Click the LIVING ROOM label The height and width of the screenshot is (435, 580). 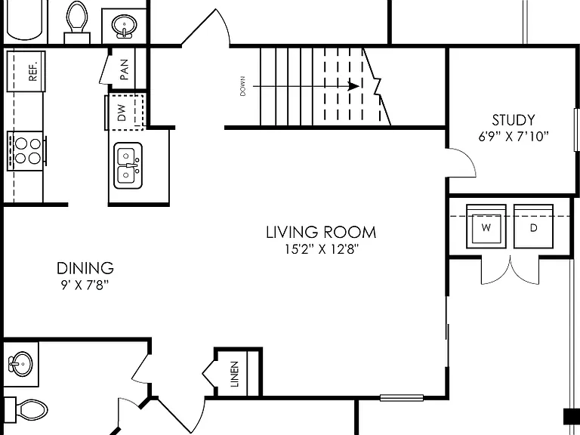321,233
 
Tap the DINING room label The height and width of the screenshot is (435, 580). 85,268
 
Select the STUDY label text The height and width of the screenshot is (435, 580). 513,120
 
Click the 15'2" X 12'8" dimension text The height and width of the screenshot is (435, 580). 322,249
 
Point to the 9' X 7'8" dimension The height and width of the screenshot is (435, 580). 85,285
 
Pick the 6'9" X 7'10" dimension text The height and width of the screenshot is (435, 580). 513,137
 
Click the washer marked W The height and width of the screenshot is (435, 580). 486,227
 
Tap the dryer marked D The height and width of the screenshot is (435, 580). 533,227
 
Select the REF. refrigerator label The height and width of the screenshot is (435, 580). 33,71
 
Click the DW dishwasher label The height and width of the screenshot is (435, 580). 122,113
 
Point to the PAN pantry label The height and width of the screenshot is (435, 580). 125,69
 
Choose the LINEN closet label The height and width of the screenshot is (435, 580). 235,375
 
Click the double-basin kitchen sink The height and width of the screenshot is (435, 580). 128,165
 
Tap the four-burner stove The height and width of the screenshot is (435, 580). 26,151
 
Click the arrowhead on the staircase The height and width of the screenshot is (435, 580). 353,87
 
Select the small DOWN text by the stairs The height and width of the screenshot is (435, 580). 242,86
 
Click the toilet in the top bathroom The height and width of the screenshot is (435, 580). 77,22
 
